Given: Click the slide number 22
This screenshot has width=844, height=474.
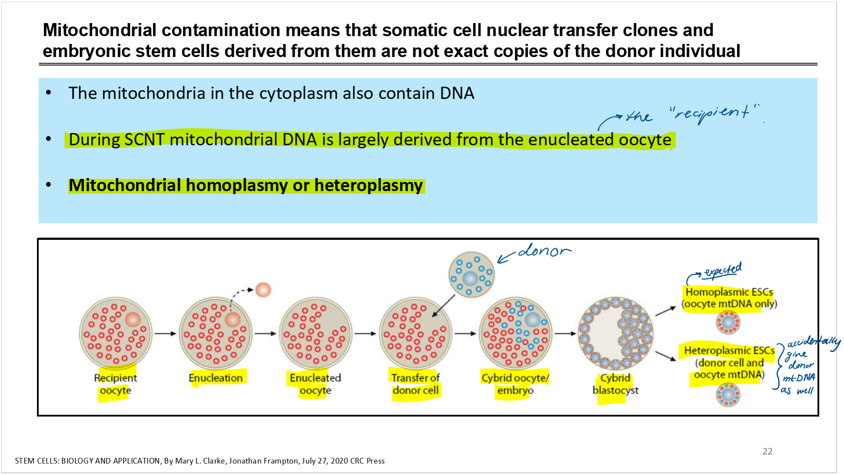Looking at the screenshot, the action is (767, 451).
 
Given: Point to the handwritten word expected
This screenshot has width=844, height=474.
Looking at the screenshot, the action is (723, 270).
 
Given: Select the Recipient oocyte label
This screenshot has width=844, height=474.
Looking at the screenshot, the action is (115, 384).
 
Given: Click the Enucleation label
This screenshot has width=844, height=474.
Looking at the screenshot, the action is (216, 378).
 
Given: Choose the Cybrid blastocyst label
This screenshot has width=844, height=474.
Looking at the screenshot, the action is (615, 384).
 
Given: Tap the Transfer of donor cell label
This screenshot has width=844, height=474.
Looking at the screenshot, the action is (415, 384).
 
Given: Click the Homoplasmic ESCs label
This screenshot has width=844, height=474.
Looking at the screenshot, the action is (729, 292).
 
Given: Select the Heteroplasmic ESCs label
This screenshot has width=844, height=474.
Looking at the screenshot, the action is (729, 350).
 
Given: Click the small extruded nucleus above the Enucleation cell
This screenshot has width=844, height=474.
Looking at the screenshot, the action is (263, 290).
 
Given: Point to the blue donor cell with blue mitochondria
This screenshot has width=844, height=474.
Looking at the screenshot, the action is (471, 274).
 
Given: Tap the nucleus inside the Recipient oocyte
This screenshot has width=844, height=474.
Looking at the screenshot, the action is (133, 319).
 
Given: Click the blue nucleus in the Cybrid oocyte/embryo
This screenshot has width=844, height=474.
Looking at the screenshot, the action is (532, 319).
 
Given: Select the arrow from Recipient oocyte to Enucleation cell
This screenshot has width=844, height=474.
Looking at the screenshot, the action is (165, 334).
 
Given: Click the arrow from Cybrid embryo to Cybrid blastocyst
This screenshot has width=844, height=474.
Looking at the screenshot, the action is (565, 334).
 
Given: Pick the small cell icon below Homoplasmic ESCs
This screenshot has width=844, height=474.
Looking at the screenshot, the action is (728, 323).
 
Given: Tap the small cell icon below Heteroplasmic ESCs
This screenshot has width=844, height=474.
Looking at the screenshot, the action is (728, 395).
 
